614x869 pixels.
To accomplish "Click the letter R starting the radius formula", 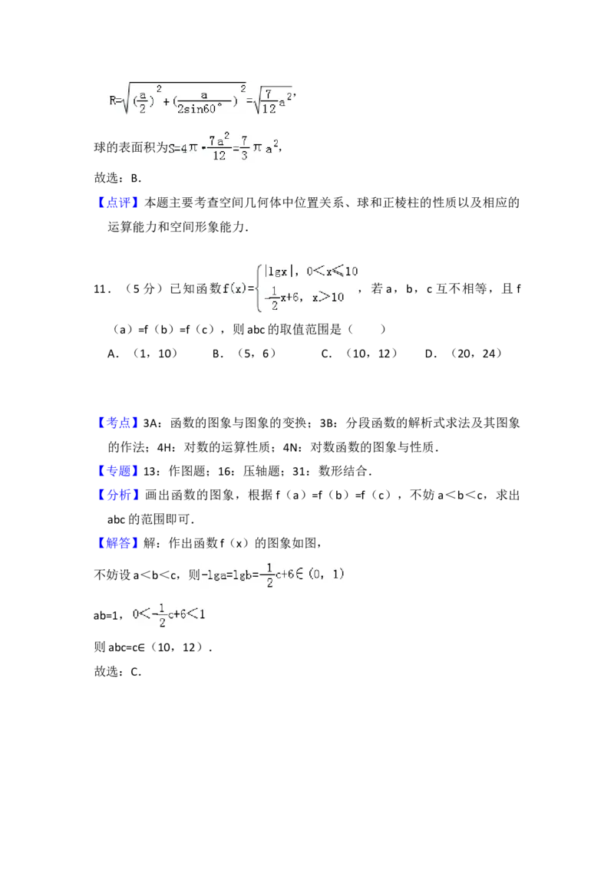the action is click(x=111, y=98).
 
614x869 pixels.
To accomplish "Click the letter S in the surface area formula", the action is click(x=172, y=149).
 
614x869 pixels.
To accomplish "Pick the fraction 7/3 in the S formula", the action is click(x=243, y=148).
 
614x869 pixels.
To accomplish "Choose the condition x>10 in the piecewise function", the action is click(x=328, y=298).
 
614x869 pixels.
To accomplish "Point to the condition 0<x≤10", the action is click(x=332, y=271).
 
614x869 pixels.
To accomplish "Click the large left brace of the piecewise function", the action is click(x=259, y=288).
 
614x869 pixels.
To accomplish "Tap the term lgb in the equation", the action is click(x=244, y=574).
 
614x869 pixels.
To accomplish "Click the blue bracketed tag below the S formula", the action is click(x=119, y=202).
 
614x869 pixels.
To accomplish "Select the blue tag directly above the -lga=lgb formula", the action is click(x=119, y=544).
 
